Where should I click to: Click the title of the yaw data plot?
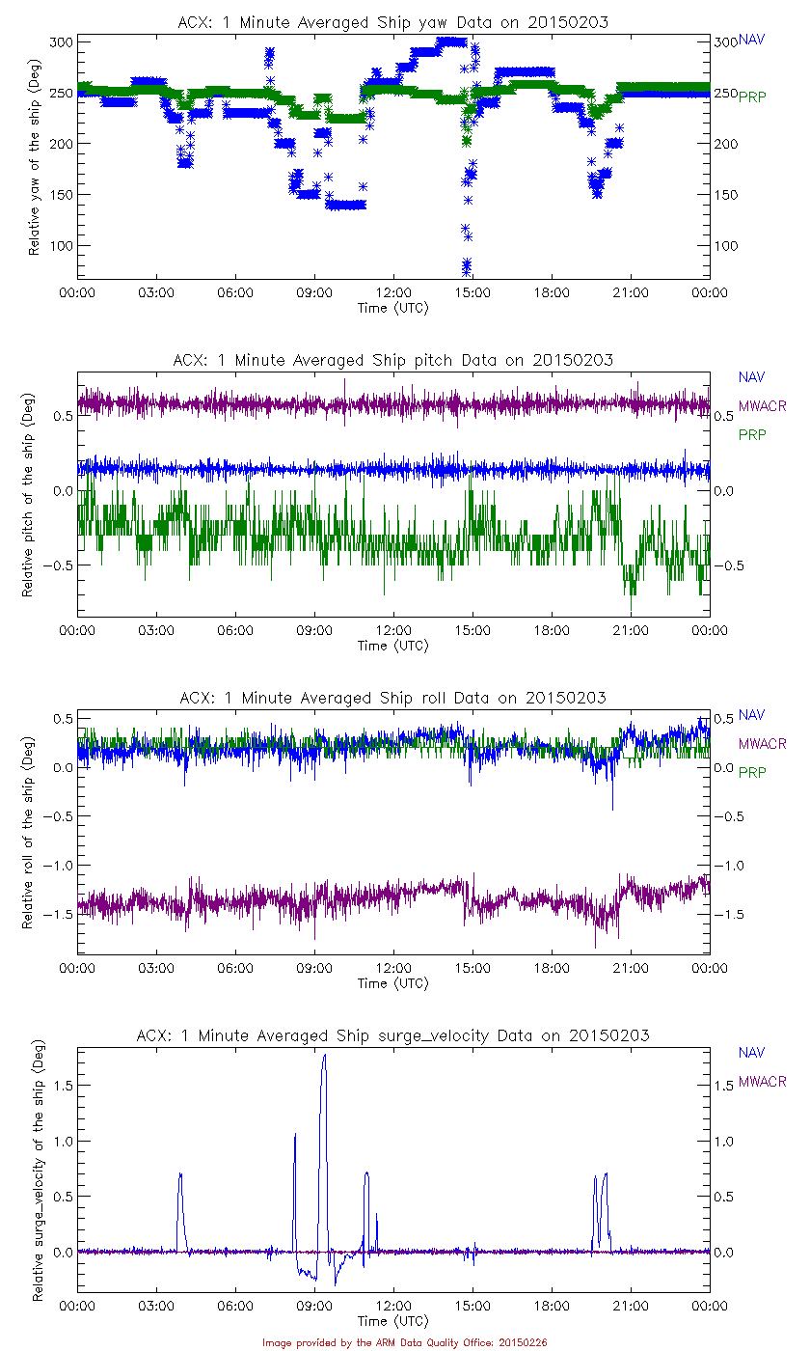[392, 22]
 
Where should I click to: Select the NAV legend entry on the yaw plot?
[751, 41]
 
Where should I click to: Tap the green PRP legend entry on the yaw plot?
[751, 96]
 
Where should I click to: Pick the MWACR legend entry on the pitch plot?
[762, 405]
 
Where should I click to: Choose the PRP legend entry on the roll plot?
[751, 772]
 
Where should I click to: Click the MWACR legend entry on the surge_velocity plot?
[762, 1082]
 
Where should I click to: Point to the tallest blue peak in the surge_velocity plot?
[325, 1056]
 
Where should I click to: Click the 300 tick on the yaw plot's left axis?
[60, 41]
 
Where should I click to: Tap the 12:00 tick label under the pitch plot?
[393, 630]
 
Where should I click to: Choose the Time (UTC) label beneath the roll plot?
[393, 983]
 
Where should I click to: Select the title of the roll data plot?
[392, 698]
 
